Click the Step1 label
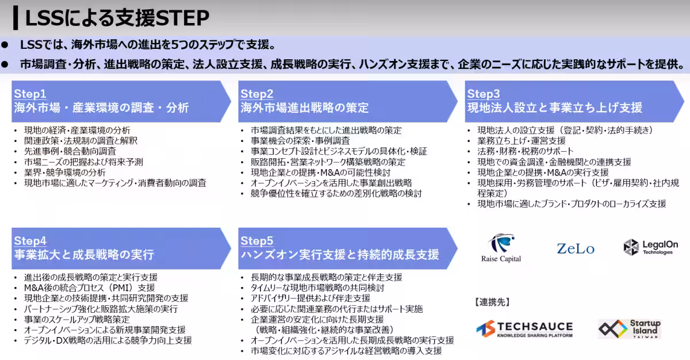[x=30, y=94]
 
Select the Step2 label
[x=256, y=94]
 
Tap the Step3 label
[x=484, y=94]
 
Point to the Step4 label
[x=30, y=240]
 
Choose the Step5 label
[x=256, y=240]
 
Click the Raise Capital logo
[x=501, y=248]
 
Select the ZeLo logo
[x=576, y=249]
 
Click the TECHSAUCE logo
[x=524, y=329]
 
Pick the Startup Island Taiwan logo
[x=629, y=328]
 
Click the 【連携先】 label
[x=492, y=302]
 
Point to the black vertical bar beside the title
[x=16, y=18]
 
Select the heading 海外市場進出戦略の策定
[x=304, y=108]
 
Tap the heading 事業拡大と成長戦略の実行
[x=84, y=255]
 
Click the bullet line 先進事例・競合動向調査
[x=70, y=151]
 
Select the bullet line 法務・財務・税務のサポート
[x=525, y=151]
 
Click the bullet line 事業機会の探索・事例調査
[x=300, y=141]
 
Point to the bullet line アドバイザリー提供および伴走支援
[x=310, y=298]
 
